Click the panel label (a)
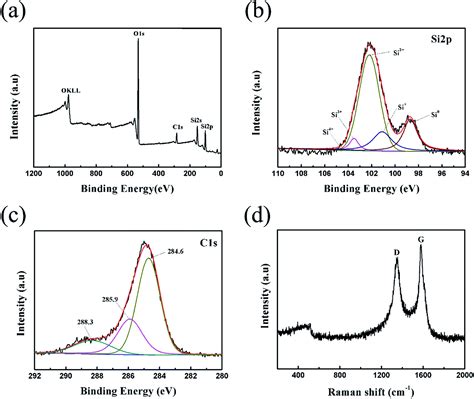(13, 12)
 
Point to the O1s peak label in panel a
(139, 34)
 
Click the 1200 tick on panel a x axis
(34, 174)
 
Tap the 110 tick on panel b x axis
(276, 174)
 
